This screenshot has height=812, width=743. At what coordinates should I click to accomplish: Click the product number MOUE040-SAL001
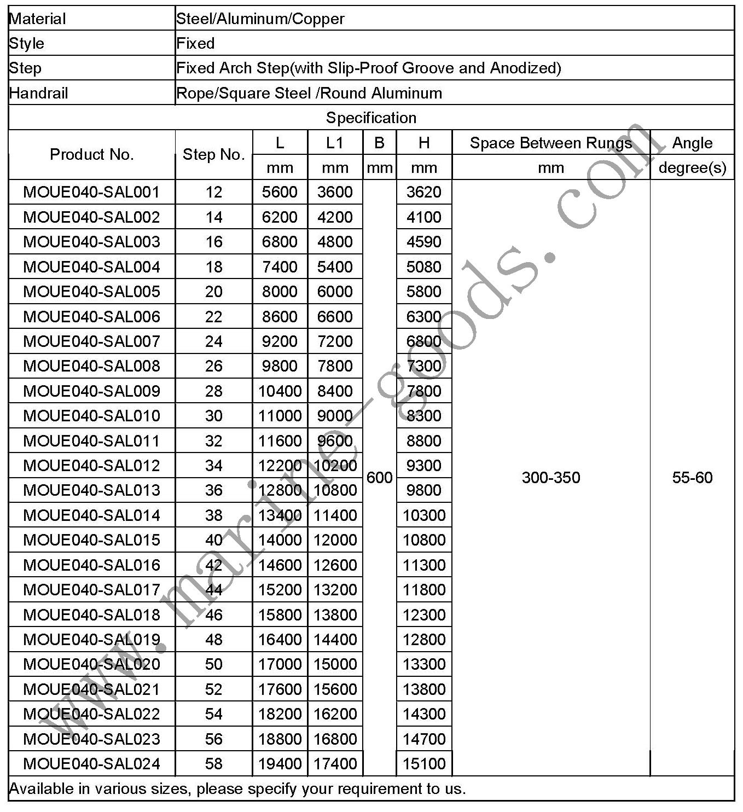point(91,192)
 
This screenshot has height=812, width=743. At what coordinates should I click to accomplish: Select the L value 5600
point(280,192)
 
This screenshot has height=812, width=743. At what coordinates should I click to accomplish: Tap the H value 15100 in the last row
point(424,763)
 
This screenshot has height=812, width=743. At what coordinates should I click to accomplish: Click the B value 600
point(379,478)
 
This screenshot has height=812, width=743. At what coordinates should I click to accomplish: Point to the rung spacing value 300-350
point(550,478)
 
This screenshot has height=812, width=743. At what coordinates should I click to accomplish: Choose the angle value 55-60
point(692,478)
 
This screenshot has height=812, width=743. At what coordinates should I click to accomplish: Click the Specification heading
point(371,118)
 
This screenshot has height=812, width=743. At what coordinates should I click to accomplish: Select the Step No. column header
point(213,155)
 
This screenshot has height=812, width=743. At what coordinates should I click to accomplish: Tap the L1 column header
point(335,143)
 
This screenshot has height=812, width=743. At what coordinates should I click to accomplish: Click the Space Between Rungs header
point(550,143)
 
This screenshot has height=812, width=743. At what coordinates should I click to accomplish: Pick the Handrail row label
point(38,93)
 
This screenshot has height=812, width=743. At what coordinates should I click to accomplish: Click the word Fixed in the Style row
point(195,43)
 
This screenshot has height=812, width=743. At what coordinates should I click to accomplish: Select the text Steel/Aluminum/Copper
point(260,19)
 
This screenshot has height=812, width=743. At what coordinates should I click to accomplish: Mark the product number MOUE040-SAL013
point(91,490)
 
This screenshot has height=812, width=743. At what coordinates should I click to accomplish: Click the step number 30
point(213,415)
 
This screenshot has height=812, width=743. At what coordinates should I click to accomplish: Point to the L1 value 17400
point(335,763)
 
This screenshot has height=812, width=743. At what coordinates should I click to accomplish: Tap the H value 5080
point(424,266)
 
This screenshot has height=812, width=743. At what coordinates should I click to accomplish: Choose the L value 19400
point(280,763)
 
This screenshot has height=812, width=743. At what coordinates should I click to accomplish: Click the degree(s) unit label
point(692,167)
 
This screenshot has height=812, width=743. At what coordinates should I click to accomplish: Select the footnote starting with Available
point(237,788)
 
